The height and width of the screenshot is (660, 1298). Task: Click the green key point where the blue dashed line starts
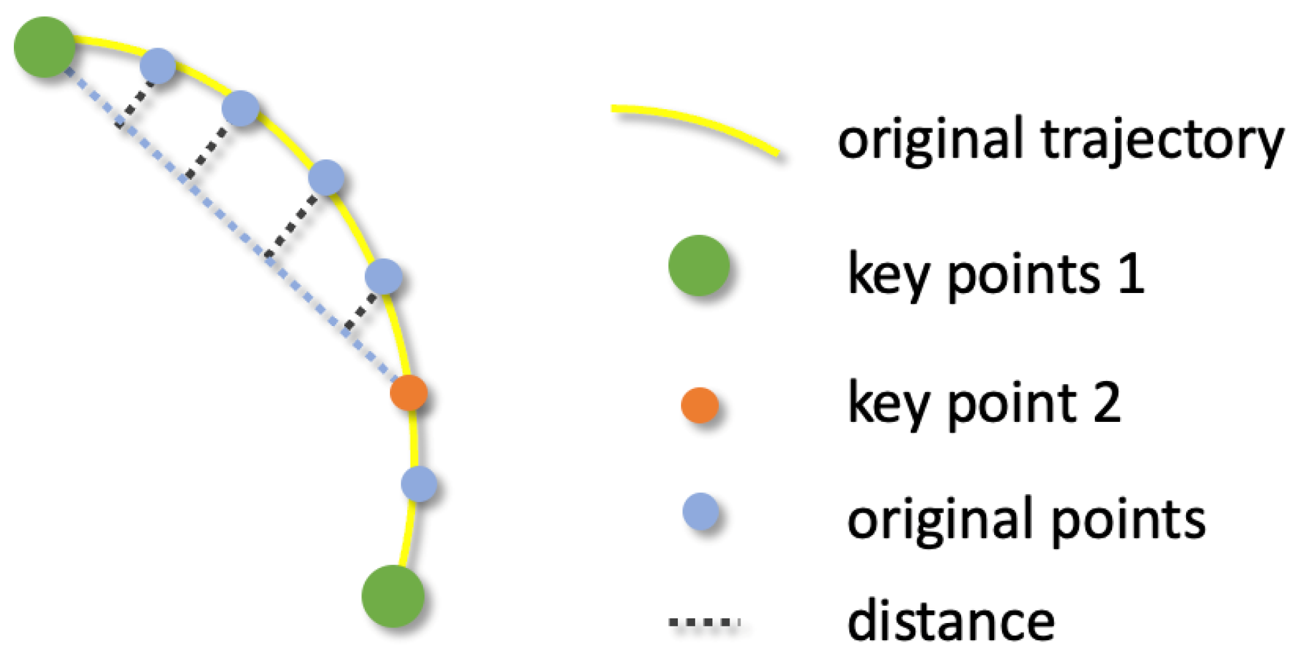point(44,47)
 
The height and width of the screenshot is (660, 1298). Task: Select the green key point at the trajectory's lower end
point(393,596)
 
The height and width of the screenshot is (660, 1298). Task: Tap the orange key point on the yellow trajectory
point(408,393)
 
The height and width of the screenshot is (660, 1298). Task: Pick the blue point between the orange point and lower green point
point(419,484)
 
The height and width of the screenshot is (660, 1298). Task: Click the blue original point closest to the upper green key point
point(158,66)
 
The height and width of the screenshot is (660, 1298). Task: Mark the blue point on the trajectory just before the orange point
point(384,276)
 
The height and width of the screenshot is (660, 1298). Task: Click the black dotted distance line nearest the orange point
point(361,311)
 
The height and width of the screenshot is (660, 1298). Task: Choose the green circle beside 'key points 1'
point(699,265)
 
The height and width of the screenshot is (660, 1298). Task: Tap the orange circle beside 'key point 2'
point(700,405)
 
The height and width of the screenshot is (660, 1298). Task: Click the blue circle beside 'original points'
point(700,511)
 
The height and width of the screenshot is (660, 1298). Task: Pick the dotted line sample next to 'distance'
point(704,622)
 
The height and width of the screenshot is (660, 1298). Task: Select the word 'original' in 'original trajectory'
point(931,140)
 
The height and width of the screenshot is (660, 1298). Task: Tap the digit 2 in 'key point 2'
point(1106,403)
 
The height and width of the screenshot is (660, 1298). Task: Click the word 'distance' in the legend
point(950,620)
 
